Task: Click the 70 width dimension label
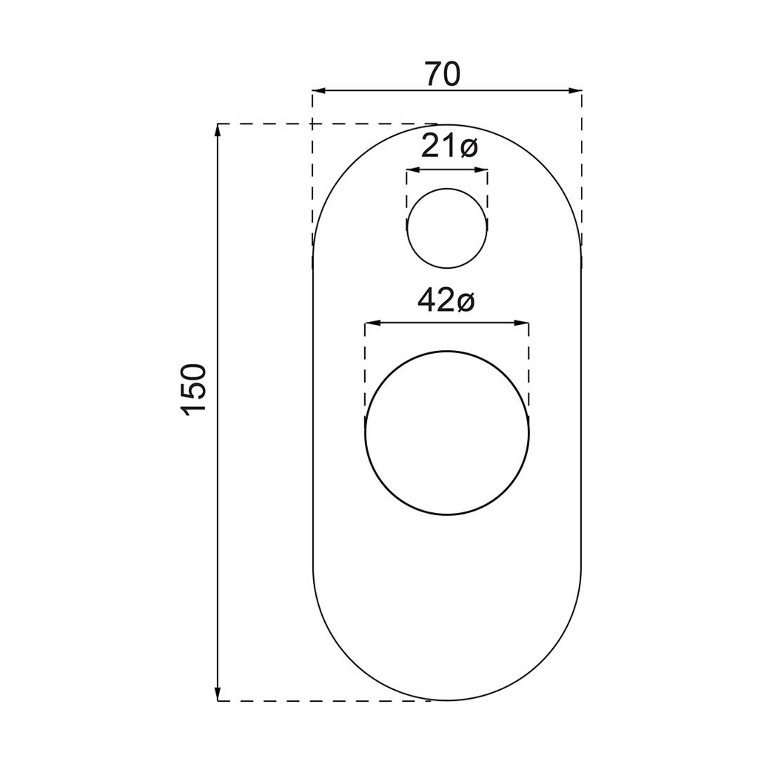point(443,74)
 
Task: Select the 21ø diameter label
point(449,147)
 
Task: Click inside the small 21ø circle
point(447,228)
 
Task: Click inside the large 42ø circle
point(447,432)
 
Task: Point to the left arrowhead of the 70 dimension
point(319,90)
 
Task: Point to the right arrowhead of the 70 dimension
point(574,90)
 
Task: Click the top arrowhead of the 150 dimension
point(218,130)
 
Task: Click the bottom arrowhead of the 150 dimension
point(218,694)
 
